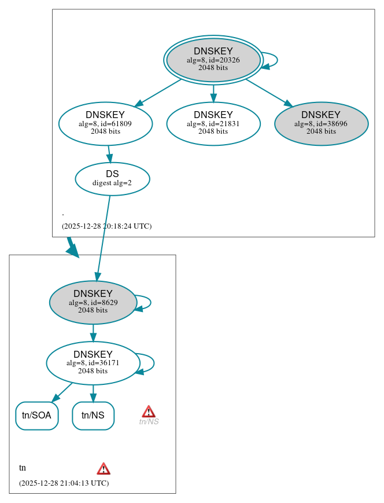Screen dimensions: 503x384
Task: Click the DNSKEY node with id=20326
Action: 213,60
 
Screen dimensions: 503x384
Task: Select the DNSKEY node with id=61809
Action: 105,123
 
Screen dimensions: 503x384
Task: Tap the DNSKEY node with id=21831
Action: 213,123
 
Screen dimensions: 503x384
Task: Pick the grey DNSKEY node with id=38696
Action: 321,123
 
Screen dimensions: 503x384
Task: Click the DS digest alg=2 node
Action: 112,179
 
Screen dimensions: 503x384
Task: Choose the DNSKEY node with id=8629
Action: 93,302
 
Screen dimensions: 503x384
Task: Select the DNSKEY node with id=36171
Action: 93,363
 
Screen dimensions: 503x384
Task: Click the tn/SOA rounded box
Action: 36,416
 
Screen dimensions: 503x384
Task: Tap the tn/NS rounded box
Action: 93,416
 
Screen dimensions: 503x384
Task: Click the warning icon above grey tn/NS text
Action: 149,412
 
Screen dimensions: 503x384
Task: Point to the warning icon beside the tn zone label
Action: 104,468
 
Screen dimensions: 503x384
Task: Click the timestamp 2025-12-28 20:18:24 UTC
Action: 106,226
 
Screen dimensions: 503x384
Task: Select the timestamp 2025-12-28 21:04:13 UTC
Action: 64,483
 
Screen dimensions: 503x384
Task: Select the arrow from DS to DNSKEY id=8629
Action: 103,237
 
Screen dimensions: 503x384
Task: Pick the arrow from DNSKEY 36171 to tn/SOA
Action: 63,392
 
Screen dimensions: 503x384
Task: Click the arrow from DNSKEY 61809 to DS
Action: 109,154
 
